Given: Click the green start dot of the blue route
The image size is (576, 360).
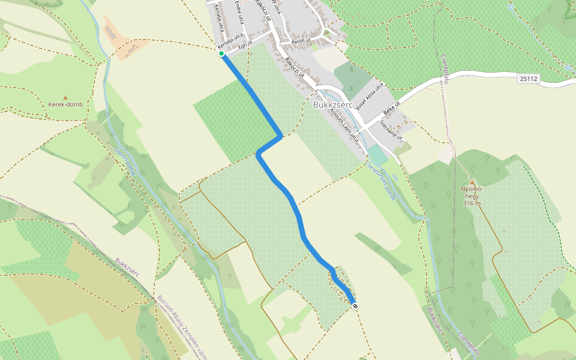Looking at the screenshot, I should tap(221, 54).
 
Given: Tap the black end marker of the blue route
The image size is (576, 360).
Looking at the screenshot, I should tap(355, 306).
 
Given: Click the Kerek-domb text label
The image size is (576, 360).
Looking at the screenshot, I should tap(65, 104).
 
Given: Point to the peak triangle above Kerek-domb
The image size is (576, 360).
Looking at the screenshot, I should tap(65, 97).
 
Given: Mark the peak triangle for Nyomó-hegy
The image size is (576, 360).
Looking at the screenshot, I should tap(472, 182).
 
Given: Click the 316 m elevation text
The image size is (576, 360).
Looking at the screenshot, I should tap(472, 203).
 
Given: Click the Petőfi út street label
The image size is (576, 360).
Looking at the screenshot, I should tap(301, 41).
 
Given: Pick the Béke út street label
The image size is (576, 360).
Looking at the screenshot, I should tap(391, 110).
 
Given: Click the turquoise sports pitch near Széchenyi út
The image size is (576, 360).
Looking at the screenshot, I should tap(378, 154).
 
